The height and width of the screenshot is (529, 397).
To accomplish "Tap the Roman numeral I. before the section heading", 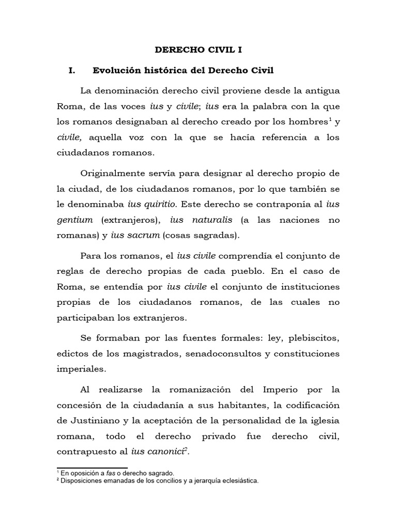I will [72, 71].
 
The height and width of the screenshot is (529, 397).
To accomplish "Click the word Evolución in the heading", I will [117, 71].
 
